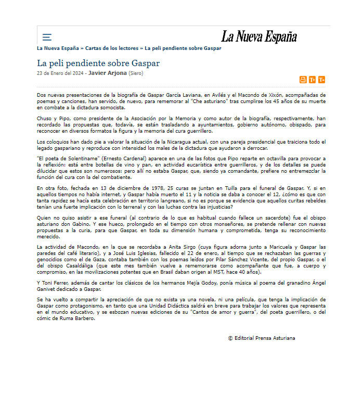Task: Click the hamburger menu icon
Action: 47,37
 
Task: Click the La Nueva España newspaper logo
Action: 259,36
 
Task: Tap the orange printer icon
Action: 303,80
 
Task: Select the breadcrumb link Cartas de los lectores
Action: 112,48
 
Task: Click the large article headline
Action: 98,63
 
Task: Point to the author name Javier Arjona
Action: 107,73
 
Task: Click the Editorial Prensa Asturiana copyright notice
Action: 262,338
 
